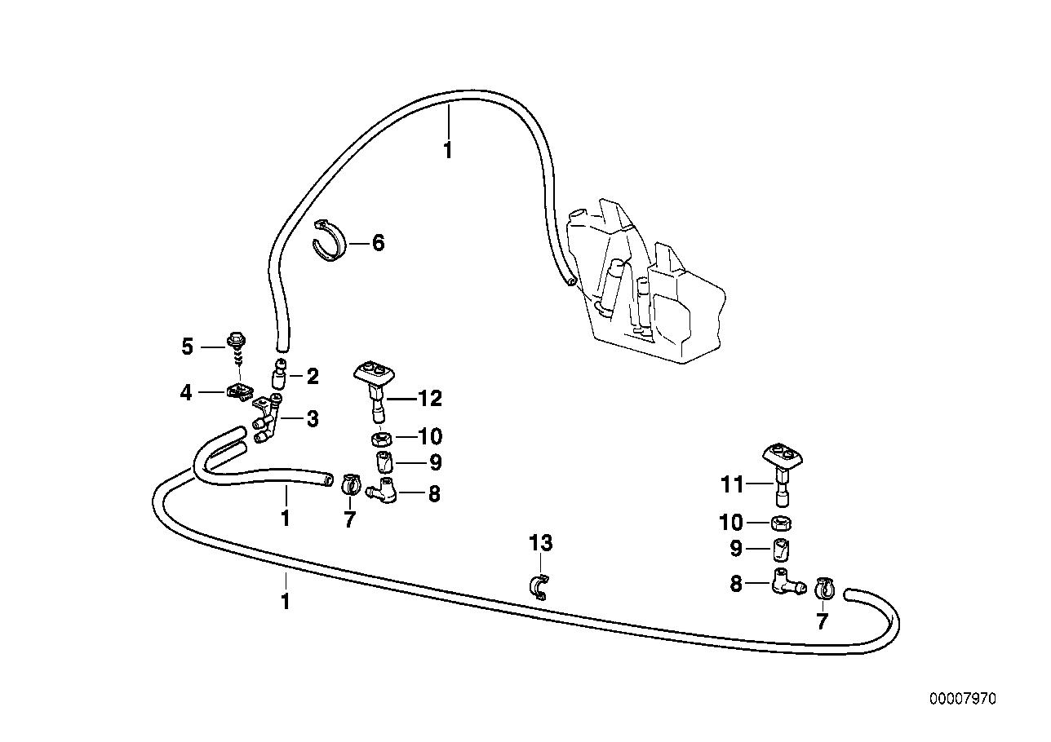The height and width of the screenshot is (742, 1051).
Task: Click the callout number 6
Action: tap(378, 243)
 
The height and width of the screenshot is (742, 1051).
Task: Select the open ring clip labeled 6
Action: tap(330, 241)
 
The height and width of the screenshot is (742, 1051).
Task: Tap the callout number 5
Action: tap(188, 347)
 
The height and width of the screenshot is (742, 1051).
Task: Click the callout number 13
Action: tap(541, 543)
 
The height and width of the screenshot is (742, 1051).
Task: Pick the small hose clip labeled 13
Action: tap(539, 587)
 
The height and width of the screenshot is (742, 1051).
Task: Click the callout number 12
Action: tap(429, 399)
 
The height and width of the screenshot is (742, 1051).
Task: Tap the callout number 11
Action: tap(733, 484)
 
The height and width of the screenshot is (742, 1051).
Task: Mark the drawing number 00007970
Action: tap(962, 700)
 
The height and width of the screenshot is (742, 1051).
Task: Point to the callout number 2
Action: tap(312, 377)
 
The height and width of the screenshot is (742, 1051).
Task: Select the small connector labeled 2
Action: tap(280, 376)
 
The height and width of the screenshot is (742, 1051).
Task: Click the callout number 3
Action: tap(312, 420)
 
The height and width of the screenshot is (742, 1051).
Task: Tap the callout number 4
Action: tap(187, 393)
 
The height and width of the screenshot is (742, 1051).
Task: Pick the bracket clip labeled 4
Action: tap(238, 393)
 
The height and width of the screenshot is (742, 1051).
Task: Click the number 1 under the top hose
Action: tap(447, 151)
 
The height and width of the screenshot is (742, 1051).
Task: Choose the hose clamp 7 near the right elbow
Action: tap(824, 587)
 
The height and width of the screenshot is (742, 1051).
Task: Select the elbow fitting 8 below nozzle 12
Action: tap(381, 492)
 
